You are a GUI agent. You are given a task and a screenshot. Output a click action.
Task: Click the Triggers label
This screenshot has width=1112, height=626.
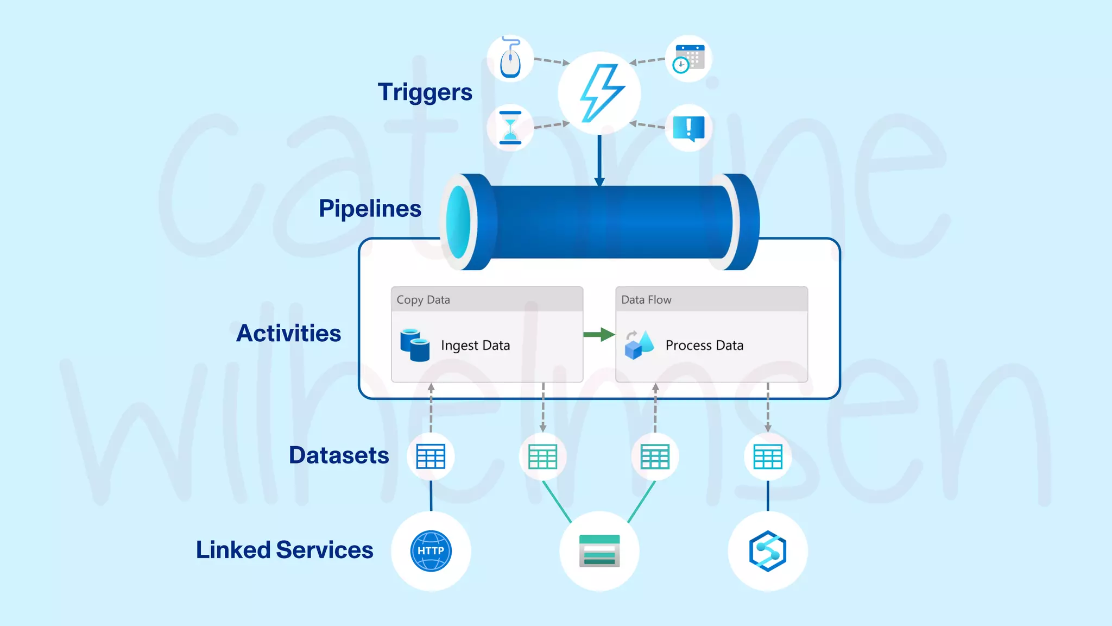[x=425, y=92]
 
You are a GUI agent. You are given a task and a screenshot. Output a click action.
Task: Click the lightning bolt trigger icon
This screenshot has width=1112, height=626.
[x=601, y=93]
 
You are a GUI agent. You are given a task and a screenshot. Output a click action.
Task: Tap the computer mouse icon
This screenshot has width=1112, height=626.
[x=510, y=59]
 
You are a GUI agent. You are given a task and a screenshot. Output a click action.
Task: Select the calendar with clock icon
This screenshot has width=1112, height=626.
[x=688, y=59]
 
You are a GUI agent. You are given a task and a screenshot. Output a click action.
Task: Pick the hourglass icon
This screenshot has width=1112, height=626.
[x=510, y=128]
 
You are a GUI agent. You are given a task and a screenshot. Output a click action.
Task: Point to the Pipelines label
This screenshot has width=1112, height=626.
[x=370, y=209]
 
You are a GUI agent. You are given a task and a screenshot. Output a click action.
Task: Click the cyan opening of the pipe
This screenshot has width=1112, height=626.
[x=459, y=222]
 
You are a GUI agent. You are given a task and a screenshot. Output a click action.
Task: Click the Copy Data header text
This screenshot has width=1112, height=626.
[x=423, y=300]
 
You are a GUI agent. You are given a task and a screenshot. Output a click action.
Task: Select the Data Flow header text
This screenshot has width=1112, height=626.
[x=646, y=300]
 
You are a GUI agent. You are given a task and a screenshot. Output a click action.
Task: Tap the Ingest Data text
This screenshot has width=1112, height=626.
[x=475, y=346]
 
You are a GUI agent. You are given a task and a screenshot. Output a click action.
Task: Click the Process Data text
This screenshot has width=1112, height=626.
[x=704, y=346]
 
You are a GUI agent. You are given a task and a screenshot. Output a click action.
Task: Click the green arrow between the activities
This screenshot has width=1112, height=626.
[x=599, y=334]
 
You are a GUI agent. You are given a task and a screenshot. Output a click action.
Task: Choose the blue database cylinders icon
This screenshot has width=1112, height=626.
[x=415, y=345]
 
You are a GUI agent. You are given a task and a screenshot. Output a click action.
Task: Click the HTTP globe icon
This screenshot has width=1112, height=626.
[x=431, y=551]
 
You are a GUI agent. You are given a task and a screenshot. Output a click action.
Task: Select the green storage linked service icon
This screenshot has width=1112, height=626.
[x=599, y=551]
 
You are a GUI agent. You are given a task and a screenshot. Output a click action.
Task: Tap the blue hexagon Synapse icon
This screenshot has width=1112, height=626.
[x=768, y=551]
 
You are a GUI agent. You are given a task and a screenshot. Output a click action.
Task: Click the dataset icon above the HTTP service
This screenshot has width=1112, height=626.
[x=431, y=456]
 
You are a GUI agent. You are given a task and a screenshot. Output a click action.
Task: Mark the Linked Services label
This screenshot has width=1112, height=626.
[x=285, y=550]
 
